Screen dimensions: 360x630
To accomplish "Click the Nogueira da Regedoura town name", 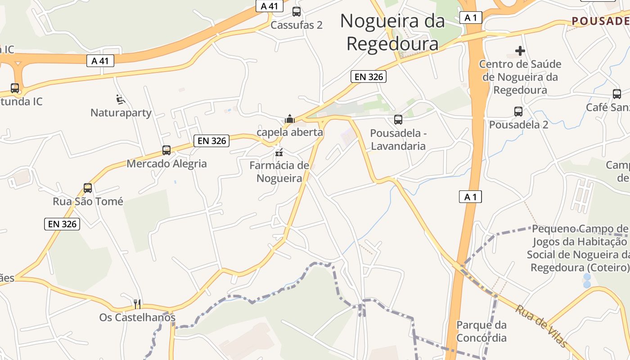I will click(x=392, y=32).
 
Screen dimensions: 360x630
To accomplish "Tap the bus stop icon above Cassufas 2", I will click(x=297, y=12).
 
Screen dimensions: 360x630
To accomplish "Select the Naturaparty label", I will click(x=121, y=112).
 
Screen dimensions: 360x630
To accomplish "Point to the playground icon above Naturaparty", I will click(x=120, y=99).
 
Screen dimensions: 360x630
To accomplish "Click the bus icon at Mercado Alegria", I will click(x=166, y=150).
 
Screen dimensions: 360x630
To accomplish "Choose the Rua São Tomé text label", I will click(x=88, y=201).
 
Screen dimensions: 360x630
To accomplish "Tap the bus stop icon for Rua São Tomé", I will click(x=88, y=188).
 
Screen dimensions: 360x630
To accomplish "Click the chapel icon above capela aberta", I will click(x=289, y=119).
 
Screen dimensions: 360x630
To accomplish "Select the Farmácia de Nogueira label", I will click(x=279, y=172).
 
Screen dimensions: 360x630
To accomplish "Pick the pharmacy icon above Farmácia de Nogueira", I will click(x=279, y=152).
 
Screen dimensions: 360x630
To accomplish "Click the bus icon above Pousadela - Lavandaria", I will click(x=398, y=120).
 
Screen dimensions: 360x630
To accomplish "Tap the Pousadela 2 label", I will click(x=518, y=125).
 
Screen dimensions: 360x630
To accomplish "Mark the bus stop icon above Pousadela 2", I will click(x=518, y=111).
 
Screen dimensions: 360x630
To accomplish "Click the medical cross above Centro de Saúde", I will click(x=520, y=51).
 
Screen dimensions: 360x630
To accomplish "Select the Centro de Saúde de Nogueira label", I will click(x=520, y=77).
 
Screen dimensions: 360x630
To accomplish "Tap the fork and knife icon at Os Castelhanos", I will click(x=137, y=304).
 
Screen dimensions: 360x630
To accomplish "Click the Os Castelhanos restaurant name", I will click(x=137, y=318).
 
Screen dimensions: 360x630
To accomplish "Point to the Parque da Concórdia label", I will click(x=481, y=331).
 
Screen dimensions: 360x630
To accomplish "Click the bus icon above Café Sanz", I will click(x=616, y=94).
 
